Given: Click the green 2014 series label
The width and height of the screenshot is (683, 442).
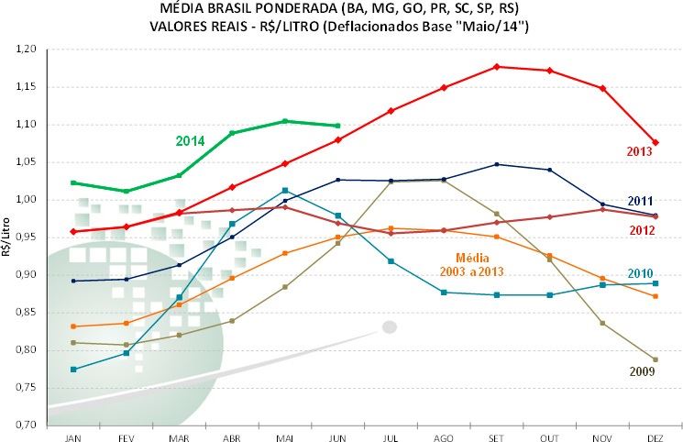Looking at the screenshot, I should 190,140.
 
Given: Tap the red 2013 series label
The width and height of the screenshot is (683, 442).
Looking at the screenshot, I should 640,151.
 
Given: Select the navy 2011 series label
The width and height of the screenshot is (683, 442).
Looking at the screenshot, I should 640,201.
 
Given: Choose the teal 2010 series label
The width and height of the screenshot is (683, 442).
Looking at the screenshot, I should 640,273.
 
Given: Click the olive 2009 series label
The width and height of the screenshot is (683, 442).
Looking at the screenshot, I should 641,371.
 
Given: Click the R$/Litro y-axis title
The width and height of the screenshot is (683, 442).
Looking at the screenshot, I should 7,237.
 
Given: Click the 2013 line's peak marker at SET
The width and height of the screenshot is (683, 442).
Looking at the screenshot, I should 496,66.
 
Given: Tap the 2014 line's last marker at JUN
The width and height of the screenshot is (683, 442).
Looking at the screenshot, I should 337,126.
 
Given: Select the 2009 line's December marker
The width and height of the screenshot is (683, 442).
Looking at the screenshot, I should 655,359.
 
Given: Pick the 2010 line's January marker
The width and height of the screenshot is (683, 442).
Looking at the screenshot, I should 72,369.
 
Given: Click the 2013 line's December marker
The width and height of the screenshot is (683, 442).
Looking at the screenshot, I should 655,142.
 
